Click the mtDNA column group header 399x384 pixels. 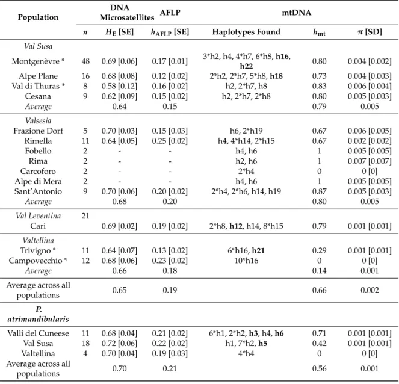click(297, 13)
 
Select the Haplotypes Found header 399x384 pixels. click(246, 32)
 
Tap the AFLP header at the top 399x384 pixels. click(170, 13)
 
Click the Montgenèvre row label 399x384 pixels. click(38, 61)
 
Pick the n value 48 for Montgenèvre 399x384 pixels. click(85, 61)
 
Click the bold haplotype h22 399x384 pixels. click(246, 66)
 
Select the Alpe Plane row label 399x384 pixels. click(38, 76)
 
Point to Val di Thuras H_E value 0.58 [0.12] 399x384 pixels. click(119, 86)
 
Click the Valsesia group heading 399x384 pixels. click(38, 120)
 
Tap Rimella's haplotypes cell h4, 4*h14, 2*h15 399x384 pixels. click(246, 141)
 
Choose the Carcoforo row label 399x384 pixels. click(38, 172)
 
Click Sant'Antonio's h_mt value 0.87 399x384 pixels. click(319, 191)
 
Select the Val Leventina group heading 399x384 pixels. click(38, 216)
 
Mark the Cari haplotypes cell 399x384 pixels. click(246, 226)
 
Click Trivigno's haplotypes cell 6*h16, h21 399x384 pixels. click(246, 250)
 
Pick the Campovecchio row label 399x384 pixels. click(38, 261)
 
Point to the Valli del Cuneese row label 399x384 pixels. click(38, 333)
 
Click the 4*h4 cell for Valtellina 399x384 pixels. click(246, 354)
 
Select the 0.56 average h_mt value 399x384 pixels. click(319, 369)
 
